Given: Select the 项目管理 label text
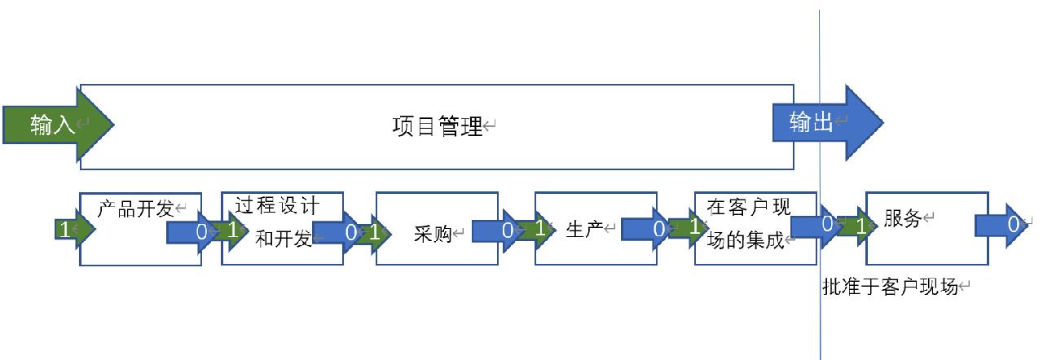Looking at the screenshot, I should point(438,127).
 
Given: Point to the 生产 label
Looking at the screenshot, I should point(584,228).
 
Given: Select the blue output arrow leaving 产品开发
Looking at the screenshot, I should point(192,231).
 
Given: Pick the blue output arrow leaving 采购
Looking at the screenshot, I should point(497,231).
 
